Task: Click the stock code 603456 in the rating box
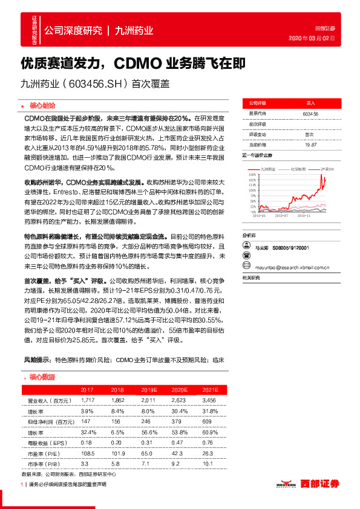pos(310,114)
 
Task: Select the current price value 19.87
pos(310,144)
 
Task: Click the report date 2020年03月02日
pos(314,38)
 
